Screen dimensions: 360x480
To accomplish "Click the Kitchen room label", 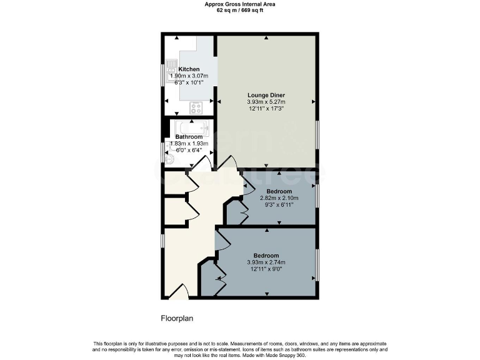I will [x=189, y=69].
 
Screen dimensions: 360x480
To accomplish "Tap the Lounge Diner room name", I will [x=266, y=95].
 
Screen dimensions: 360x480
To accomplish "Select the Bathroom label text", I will [x=189, y=137].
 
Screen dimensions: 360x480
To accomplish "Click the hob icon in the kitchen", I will [x=197, y=107].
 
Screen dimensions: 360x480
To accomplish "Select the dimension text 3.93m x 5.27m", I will [x=266, y=102].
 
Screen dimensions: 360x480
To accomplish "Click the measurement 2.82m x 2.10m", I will [x=279, y=198].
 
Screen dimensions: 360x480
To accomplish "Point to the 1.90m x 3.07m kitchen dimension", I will [x=189, y=76].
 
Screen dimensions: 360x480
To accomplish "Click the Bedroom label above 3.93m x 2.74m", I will [x=266, y=255].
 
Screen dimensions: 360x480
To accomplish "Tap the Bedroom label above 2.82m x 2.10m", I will [x=279, y=191].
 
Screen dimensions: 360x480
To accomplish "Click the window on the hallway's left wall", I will [x=162, y=241].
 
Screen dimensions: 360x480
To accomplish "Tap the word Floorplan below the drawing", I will [x=177, y=318].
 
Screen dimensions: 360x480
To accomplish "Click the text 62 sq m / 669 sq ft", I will [x=240, y=11].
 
